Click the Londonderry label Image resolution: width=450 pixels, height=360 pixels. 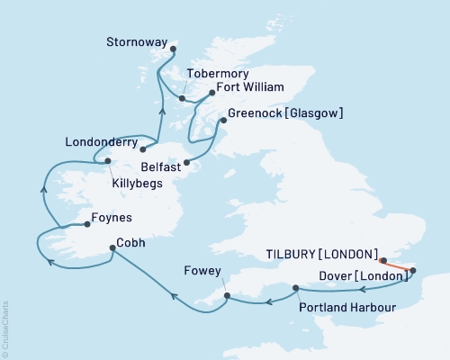click(101, 141)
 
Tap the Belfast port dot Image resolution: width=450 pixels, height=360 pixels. click(186, 163)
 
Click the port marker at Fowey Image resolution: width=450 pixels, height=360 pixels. click(227, 294)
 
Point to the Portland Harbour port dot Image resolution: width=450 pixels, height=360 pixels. click(296, 288)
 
